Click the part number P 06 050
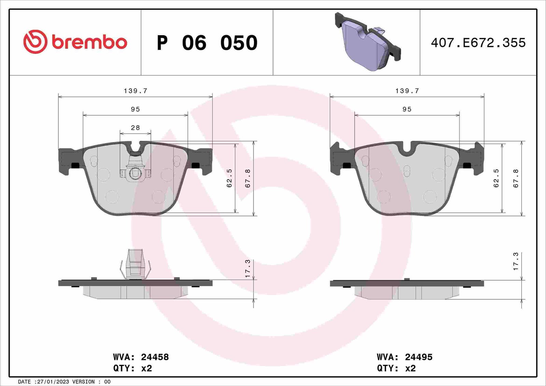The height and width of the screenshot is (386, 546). (x=207, y=43)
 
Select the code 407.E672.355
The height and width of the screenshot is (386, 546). (x=478, y=43)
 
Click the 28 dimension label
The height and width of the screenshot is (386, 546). (x=135, y=128)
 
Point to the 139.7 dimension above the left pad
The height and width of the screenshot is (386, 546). (x=135, y=91)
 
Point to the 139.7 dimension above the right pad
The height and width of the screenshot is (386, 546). (x=407, y=91)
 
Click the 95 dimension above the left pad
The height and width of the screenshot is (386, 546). (x=135, y=109)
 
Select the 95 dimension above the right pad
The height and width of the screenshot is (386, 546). (x=407, y=109)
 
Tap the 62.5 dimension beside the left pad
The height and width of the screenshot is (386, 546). (x=229, y=178)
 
